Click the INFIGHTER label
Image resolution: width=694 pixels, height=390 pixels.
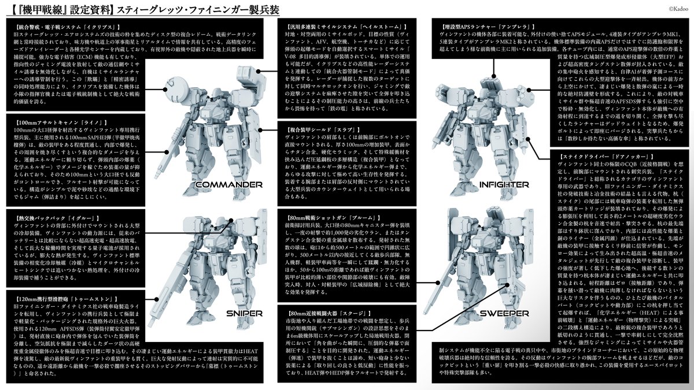click(x=504, y=184)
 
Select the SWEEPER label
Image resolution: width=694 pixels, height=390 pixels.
click(x=504, y=314)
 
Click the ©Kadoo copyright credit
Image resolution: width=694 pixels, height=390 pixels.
click(x=677, y=7)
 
